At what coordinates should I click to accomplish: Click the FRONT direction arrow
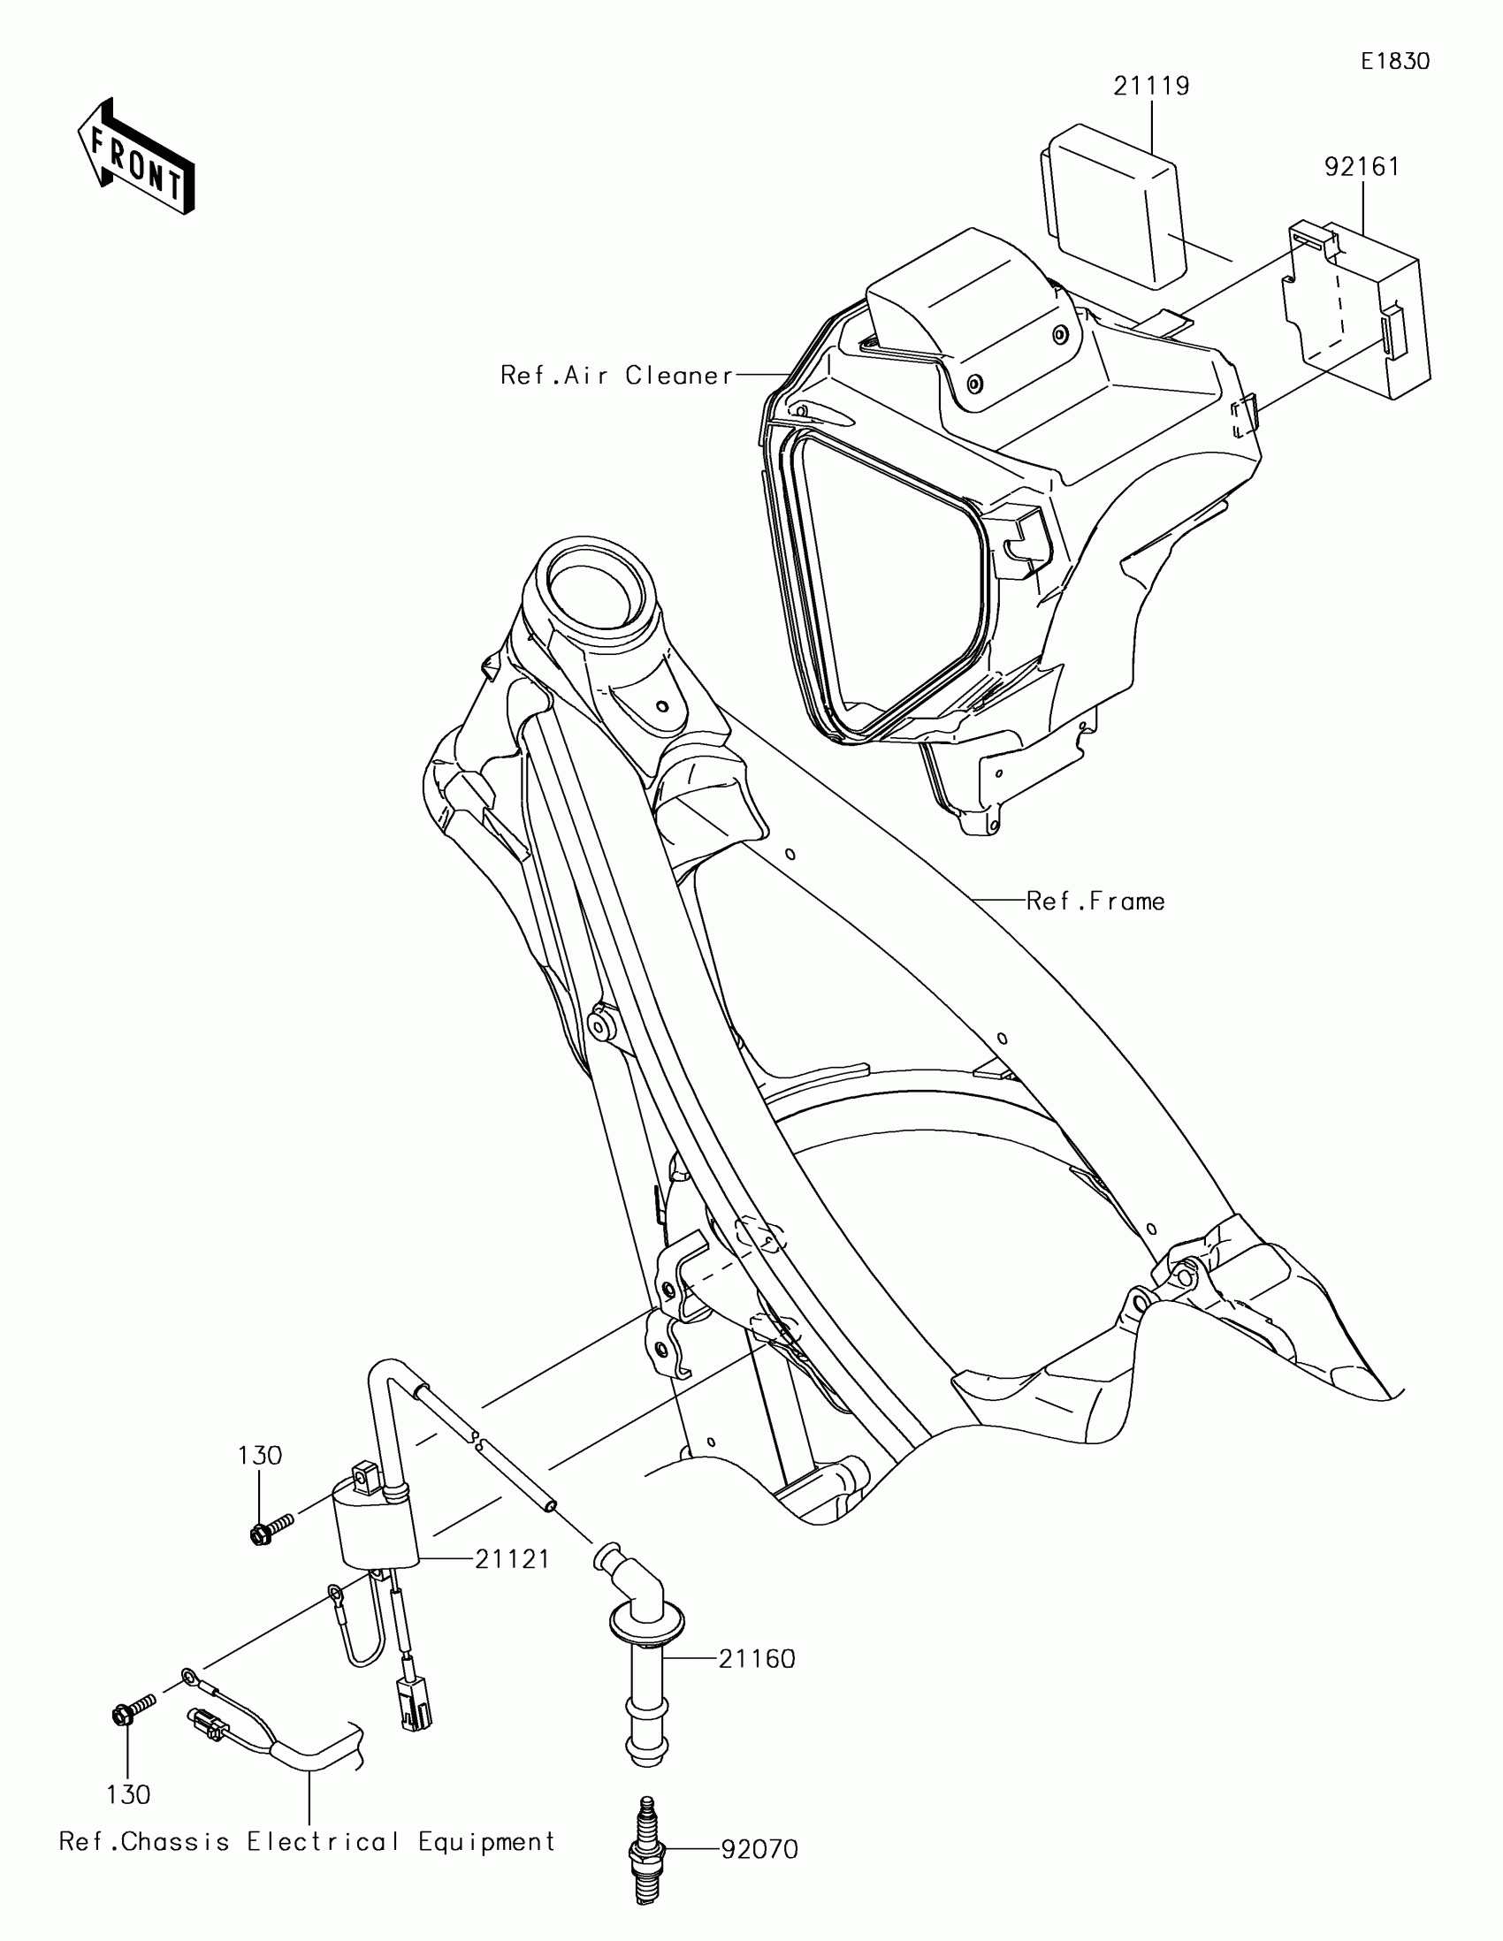[x=135, y=157]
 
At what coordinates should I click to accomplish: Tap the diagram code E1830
[x=1394, y=61]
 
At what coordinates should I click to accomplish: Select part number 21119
[x=1151, y=87]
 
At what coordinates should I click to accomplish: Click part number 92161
[x=1362, y=166]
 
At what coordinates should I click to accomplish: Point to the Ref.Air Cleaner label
[x=617, y=375]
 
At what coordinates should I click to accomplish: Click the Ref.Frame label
[x=1095, y=902]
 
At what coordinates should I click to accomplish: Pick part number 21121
[x=512, y=1559]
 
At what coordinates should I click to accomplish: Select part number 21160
[x=757, y=1658]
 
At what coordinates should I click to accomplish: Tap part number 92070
[x=759, y=1849]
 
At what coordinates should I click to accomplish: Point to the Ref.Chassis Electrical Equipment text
[x=308, y=1840]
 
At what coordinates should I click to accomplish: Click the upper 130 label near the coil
[x=260, y=1456]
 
